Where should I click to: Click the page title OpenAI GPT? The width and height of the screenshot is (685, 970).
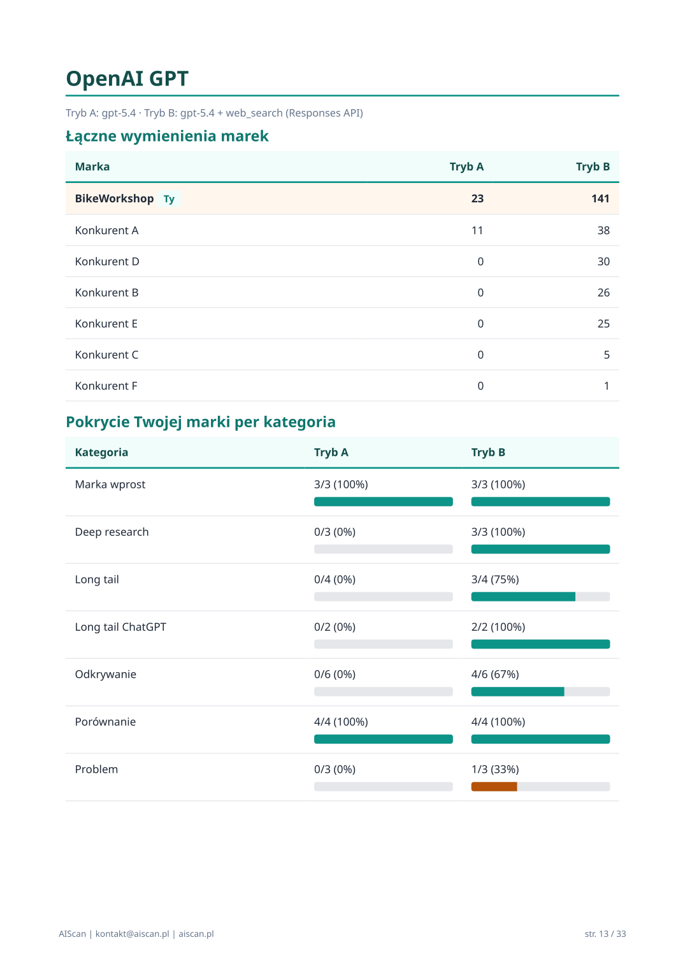pos(127,79)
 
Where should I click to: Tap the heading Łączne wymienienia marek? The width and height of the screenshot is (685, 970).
pos(167,136)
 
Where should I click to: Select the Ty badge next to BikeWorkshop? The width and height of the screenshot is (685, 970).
pos(169,199)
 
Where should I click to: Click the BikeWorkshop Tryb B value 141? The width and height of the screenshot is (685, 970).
pos(600,199)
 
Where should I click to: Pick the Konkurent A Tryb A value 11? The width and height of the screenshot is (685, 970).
pos(477,231)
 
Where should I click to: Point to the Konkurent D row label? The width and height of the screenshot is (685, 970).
pos(107,262)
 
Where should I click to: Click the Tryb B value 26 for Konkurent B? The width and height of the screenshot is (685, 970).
pos(603,293)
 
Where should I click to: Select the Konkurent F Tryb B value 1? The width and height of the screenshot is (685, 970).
pos(606,386)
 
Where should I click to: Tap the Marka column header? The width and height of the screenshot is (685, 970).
pos(92,167)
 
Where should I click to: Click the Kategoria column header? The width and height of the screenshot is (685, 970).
pos(101,453)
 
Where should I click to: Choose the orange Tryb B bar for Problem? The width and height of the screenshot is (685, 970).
pos(494,787)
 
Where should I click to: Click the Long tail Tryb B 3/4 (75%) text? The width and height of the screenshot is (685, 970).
pos(495,580)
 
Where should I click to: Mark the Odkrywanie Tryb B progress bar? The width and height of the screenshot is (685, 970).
pos(540,692)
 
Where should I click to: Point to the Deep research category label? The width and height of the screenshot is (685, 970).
pos(112,533)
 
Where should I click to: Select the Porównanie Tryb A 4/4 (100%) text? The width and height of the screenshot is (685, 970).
pos(341,722)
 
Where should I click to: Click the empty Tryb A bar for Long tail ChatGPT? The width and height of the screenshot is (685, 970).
pos(383,644)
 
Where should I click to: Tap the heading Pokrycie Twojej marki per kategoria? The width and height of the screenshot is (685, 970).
pos(201,422)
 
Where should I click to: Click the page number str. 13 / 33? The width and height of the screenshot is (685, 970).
pos(605,934)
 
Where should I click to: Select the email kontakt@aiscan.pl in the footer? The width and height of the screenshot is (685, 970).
pos(132,934)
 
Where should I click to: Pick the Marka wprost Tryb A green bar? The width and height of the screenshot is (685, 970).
pos(383,502)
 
